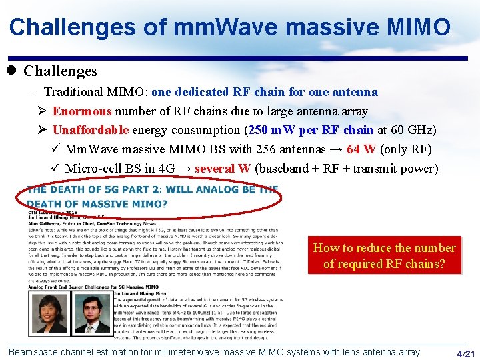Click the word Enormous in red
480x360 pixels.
82,111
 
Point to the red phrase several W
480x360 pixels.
222,168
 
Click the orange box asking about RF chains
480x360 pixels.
384,255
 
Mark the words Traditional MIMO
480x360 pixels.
88,92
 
